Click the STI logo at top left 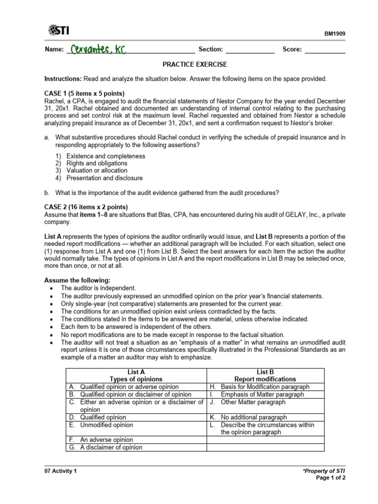coord(59,31)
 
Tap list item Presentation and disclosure coord(104,178)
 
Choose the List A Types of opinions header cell coord(135,376)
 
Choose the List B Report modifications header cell coord(265,376)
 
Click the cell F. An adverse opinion coord(107,440)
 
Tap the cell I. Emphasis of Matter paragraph coord(262,394)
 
